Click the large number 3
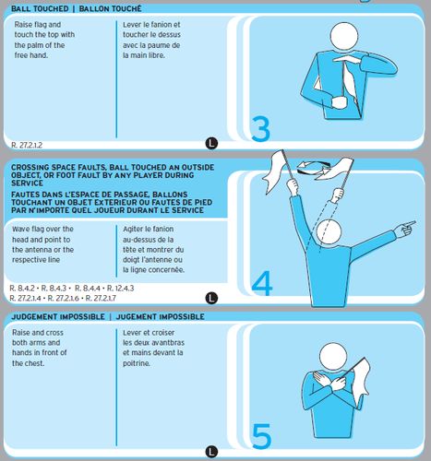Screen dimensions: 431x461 (261, 129)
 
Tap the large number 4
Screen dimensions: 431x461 (262, 283)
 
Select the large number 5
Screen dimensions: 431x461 (261, 436)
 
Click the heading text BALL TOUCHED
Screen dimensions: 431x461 (40, 8)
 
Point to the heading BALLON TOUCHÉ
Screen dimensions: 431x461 (110, 8)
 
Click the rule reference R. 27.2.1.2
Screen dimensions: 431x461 (27, 145)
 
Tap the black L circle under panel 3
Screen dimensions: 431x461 (211, 143)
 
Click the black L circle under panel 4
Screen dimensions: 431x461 (211, 298)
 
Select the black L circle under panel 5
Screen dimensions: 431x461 (211, 452)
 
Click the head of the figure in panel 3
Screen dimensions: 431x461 (344, 35)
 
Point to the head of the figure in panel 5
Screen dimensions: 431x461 (333, 357)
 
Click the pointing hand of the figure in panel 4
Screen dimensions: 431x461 (405, 228)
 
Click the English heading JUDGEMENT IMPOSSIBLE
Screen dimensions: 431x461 (58, 316)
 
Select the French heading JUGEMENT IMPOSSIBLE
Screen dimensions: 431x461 (160, 316)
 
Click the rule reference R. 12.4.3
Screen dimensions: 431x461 (120, 289)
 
